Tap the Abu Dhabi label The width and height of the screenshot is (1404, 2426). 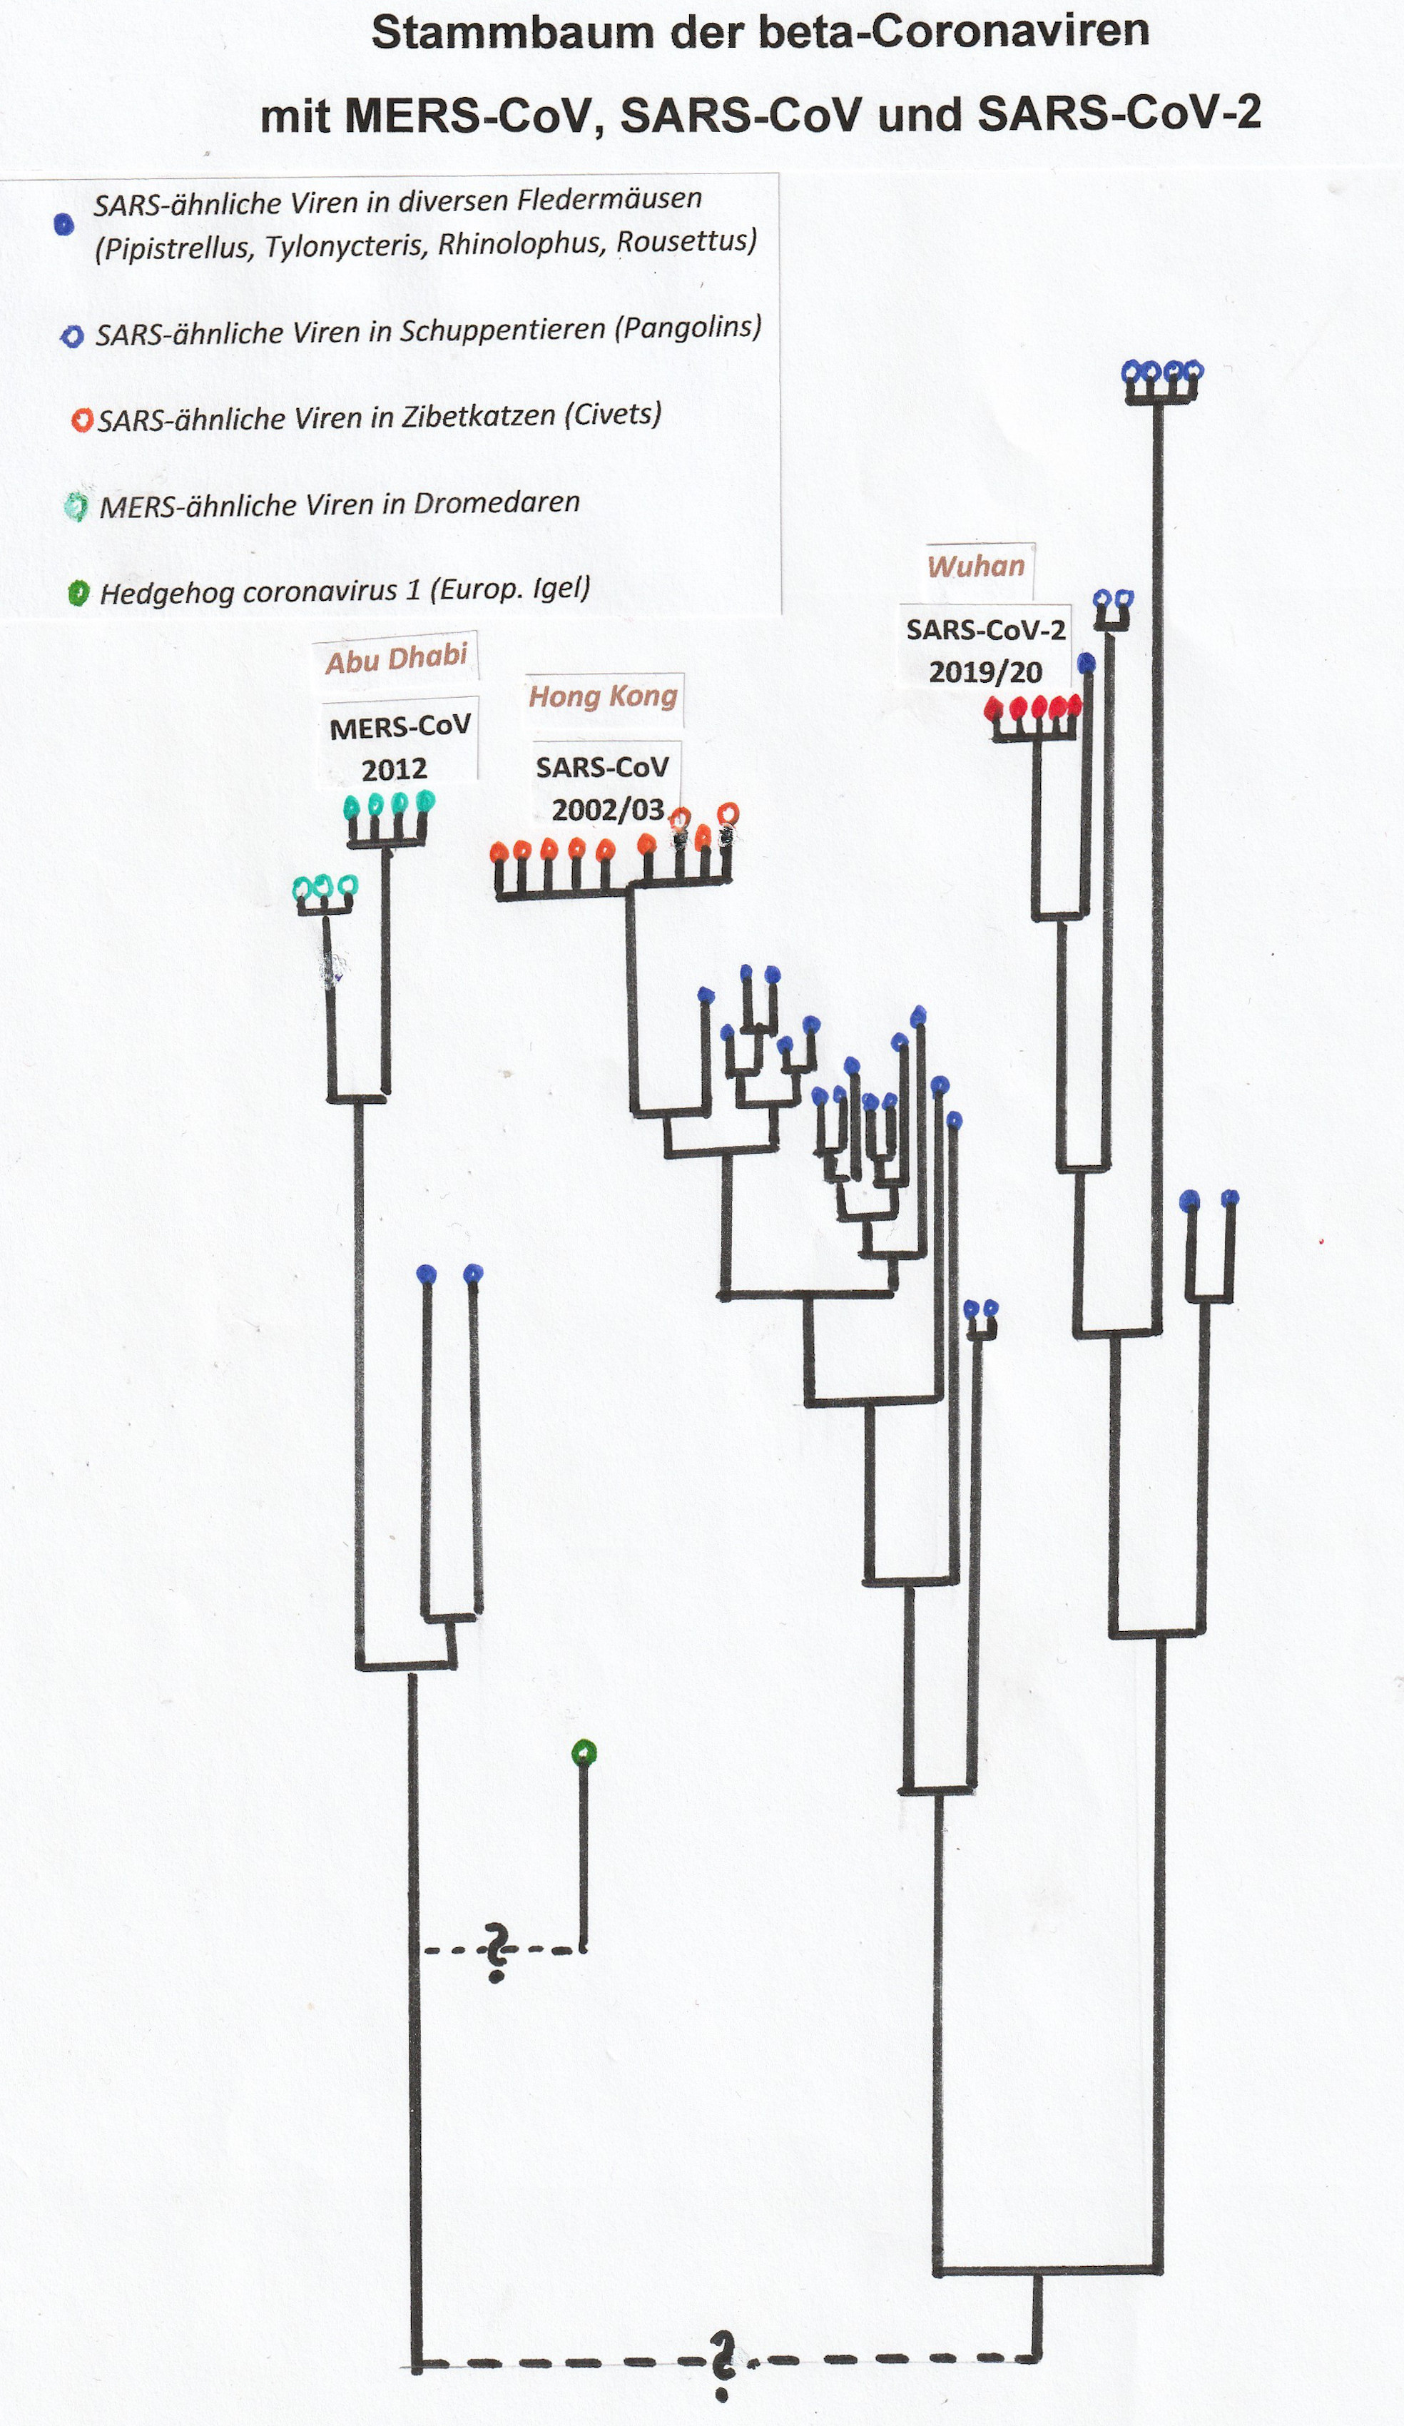[395, 659]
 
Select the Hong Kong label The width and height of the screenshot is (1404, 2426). [604, 696]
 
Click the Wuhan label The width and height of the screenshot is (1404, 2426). [976, 566]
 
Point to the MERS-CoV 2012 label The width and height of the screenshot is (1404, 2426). [398, 747]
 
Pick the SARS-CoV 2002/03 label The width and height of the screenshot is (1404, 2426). [604, 788]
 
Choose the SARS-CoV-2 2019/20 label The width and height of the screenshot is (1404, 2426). [985, 651]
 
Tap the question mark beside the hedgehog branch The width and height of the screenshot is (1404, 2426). [497, 1952]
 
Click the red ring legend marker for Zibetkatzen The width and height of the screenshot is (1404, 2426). [83, 420]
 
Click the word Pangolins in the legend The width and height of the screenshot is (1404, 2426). [687, 328]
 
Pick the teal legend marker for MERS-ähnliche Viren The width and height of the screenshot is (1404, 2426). [75, 507]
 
